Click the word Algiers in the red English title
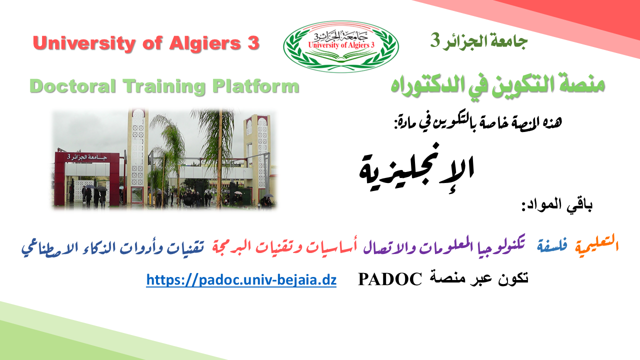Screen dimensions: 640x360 (x=205, y=43)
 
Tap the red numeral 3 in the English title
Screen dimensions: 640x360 (x=253, y=43)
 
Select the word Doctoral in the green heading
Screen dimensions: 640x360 (x=72, y=86)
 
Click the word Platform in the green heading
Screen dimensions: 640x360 (x=255, y=86)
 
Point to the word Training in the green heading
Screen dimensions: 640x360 (x=164, y=86)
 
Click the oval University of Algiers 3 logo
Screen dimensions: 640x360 (x=341, y=46)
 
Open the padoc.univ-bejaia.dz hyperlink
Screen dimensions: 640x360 (x=241, y=279)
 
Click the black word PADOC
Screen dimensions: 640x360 (x=390, y=279)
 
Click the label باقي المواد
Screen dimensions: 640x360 (x=557, y=205)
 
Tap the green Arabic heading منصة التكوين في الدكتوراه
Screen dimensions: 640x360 (x=497, y=85)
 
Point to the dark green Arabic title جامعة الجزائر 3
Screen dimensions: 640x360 (x=479, y=41)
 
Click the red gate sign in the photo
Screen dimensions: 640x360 (x=87, y=157)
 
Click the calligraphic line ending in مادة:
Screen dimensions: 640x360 (x=478, y=123)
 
